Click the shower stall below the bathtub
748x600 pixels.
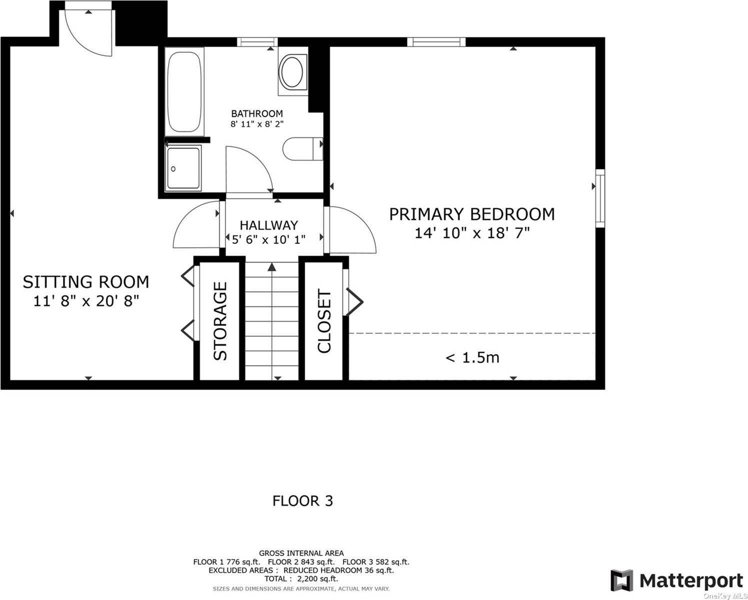click(x=183, y=167)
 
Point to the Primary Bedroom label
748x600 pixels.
click(x=471, y=214)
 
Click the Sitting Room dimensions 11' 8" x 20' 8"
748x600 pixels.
click(x=85, y=301)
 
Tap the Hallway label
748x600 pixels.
click(x=268, y=225)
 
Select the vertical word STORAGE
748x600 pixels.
click(x=220, y=321)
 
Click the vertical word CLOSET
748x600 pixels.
click(x=324, y=321)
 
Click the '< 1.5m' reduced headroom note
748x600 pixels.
click(x=472, y=357)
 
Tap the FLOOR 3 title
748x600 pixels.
click(x=302, y=500)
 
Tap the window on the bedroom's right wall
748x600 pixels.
click(x=599, y=198)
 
